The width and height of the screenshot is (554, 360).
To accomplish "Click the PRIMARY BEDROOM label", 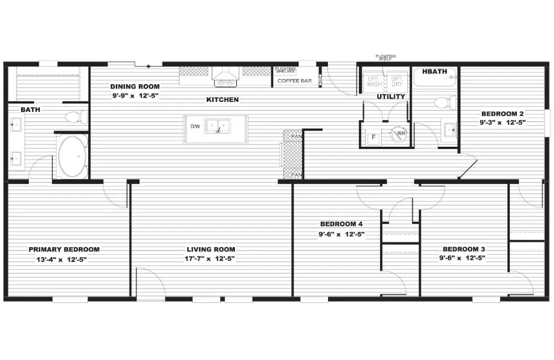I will coord(64,249).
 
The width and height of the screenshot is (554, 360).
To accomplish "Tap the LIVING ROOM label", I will coord(211,249).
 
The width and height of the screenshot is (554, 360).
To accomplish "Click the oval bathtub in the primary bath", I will coord(72,157).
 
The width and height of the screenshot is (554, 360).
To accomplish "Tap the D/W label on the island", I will coord(195,127).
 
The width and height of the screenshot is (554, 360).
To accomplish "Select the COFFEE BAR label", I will coord(294,81).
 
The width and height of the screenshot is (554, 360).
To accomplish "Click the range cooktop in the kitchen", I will coord(225,82).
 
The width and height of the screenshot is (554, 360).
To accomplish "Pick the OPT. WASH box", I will coord(375,82).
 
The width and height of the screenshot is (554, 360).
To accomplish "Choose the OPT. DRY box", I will coord(397,82).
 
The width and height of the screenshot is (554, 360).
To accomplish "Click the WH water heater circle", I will coord(399,135).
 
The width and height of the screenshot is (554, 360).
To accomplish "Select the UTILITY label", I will coord(391,96).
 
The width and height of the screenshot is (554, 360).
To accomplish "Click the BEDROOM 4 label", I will coord(341,224).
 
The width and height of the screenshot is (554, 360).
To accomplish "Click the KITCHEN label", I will coord(223,100).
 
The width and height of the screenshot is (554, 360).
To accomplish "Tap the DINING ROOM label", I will coord(135,86).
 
